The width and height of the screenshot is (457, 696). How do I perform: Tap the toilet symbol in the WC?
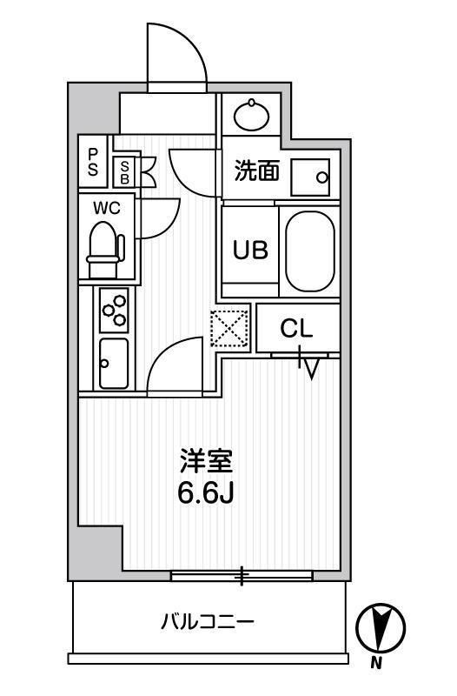click(x=106, y=245)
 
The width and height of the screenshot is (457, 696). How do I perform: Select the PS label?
click(x=92, y=162)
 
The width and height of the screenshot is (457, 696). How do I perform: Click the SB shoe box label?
click(x=125, y=170)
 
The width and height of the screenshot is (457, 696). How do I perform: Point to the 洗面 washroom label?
click(x=256, y=171)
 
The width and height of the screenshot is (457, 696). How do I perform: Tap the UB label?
click(x=249, y=250)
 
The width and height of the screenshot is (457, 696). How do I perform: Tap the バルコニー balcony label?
click(x=207, y=622)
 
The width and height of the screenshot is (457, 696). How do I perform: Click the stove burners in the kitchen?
click(x=115, y=310)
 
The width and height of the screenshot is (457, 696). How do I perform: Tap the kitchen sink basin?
click(x=114, y=362)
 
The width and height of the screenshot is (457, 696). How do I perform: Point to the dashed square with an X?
click(x=229, y=328)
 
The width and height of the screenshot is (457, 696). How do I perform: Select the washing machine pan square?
click(x=310, y=177)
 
